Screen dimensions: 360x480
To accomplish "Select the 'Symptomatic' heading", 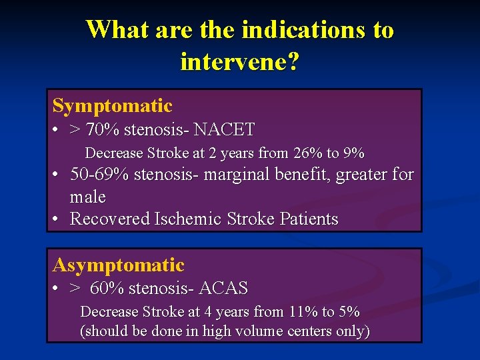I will coord(112,106).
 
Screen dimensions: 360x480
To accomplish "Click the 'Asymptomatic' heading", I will coord(118,265).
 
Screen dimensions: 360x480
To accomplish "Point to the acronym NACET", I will coord(224,129).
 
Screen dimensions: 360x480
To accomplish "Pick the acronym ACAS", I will coord(223,289).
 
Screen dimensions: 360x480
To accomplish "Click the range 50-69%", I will coord(100,175).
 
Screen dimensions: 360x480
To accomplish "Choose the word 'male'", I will coord(87,197).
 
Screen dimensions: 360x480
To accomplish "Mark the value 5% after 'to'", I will coord(349,312).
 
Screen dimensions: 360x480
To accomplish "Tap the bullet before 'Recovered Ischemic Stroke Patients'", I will coord(57,219).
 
